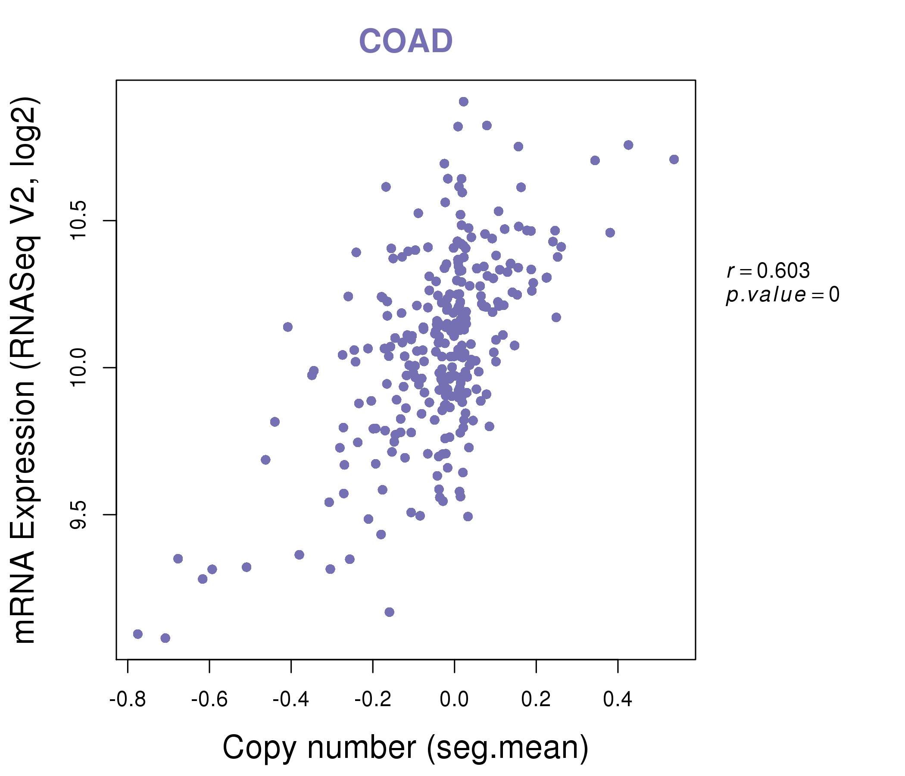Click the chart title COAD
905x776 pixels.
[x=406, y=41]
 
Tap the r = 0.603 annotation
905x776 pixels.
[x=768, y=271]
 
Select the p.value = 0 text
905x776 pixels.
[x=782, y=295]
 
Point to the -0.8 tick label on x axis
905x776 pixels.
[x=127, y=700]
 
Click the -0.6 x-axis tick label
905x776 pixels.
[x=209, y=700]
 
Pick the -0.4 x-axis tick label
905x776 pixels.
[x=291, y=700]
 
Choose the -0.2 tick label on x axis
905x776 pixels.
[x=373, y=700]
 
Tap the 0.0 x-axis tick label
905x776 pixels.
[x=454, y=700]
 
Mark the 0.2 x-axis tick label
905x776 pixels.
[x=536, y=700]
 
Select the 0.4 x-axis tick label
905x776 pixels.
[x=618, y=700]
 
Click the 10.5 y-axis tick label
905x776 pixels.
[x=79, y=221]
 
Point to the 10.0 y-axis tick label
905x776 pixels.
[x=79, y=367]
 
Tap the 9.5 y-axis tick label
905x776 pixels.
[x=79, y=515]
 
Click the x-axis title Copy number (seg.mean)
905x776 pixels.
[x=406, y=748]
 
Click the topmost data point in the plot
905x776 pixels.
[x=463, y=102]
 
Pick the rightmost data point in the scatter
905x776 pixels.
[x=674, y=160]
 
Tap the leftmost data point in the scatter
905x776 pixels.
[x=138, y=634]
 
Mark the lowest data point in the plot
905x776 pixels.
[x=165, y=638]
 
